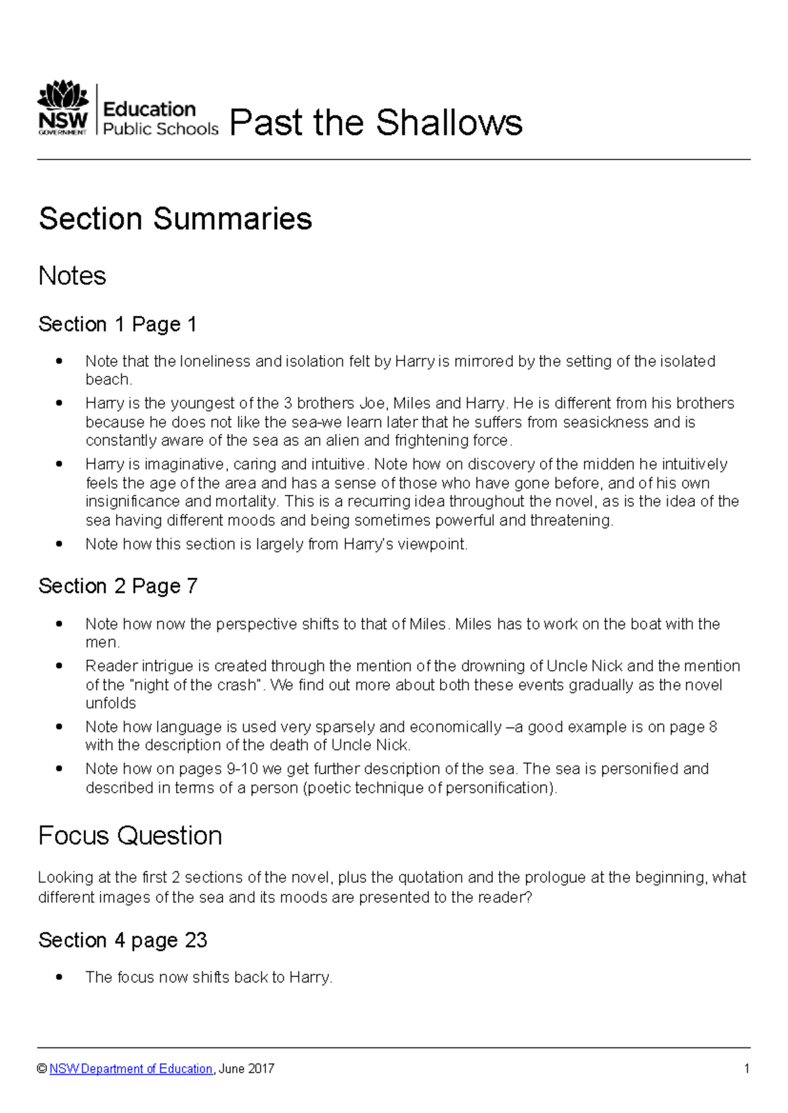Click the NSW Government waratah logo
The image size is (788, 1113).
point(63,108)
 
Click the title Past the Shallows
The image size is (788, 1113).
point(376,123)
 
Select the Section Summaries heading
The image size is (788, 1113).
point(175,219)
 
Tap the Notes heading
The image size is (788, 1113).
point(72,276)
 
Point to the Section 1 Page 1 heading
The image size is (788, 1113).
point(118,324)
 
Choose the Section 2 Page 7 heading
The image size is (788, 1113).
point(118,586)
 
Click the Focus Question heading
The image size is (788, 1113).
point(130,835)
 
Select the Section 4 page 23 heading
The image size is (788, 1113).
point(123,940)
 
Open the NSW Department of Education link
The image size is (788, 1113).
point(131,1069)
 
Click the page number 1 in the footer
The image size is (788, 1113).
point(747,1069)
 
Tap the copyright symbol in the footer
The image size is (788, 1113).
point(43,1069)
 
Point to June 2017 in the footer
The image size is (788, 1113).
point(247,1069)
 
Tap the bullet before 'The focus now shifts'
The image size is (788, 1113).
point(60,977)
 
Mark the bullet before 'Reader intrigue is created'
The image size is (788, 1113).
point(60,666)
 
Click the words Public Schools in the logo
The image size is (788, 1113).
point(161,129)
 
